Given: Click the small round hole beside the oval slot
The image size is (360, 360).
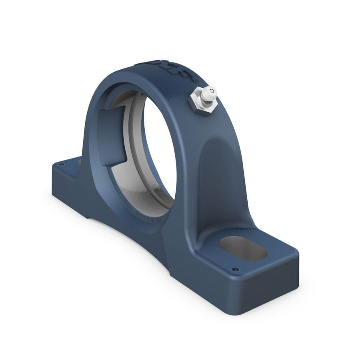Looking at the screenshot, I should (x=236, y=269).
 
